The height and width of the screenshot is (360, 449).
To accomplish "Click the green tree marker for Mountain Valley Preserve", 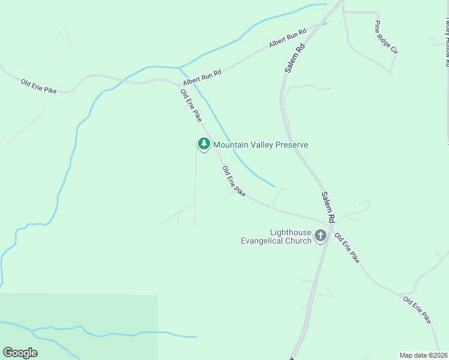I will [x=204, y=144].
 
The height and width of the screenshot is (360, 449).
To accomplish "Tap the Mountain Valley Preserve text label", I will [x=261, y=145].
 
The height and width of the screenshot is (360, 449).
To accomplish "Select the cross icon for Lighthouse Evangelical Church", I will [x=321, y=235].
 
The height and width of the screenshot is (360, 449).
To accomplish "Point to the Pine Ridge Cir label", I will [x=386, y=37].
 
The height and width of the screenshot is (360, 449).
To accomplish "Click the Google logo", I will [x=20, y=353].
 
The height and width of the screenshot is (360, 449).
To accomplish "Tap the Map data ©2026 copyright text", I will [x=424, y=355].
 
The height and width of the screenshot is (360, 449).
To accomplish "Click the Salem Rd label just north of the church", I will [x=328, y=205].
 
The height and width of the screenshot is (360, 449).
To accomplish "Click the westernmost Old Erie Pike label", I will [x=38, y=86].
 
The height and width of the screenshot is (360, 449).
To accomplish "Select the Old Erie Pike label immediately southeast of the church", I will [x=347, y=248].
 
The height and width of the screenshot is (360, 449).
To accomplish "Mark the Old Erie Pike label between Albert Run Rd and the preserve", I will [x=191, y=106].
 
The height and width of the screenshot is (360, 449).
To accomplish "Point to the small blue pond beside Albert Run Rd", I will [x=324, y=24].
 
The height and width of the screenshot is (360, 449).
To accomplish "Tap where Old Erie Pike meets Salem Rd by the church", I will [x=327, y=222].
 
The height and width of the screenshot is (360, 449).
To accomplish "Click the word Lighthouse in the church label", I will [x=291, y=232].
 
